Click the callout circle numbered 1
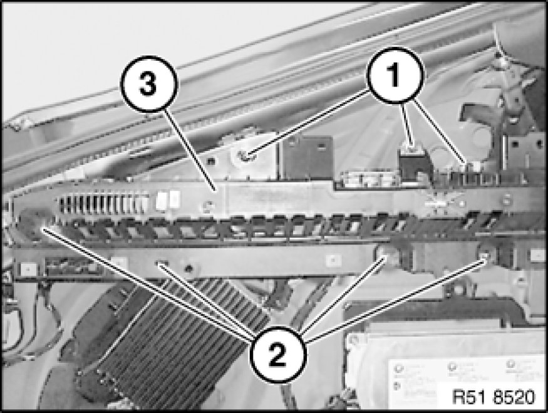click(x=395, y=75)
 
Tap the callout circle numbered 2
click(x=278, y=354)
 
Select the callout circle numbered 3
click(x=149, y=84)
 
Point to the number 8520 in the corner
click(x=514, y=397)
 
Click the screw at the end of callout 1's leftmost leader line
click(x=246, y=156)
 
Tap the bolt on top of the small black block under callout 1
click(x=411, y=149)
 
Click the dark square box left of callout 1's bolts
click(x=308, y=157)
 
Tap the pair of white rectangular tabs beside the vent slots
click(x=168, y=200)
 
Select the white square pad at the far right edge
click(x=537, y=254)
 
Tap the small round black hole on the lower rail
click(x=189, y=268)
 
